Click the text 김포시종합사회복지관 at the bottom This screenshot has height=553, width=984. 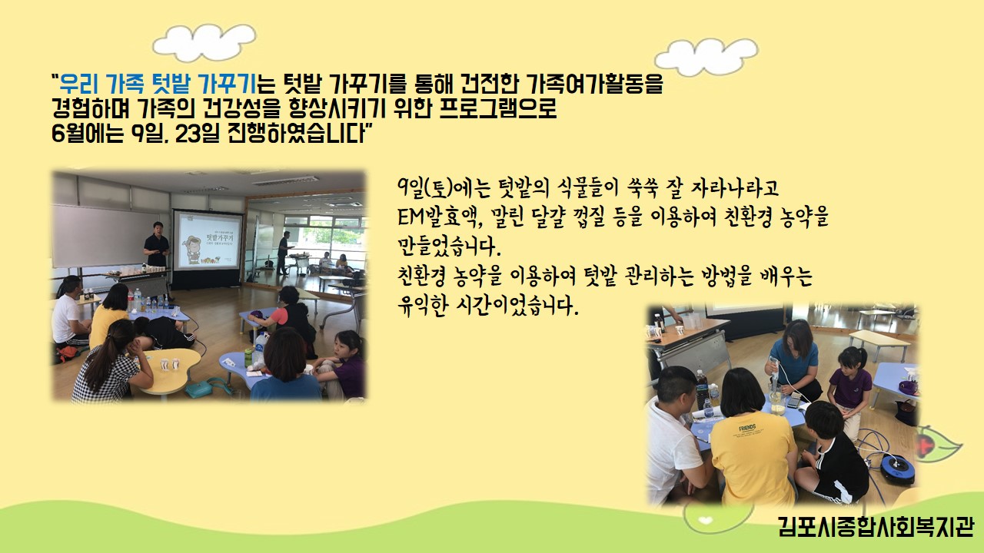coord(876,526)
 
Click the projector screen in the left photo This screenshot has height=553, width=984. coord(208,241)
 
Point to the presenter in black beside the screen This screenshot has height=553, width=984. coord(156,245)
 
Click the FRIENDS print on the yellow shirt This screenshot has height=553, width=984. coord(747,428)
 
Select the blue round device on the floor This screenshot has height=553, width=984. coord(896,469)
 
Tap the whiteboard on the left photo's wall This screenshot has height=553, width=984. coord(106,235)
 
